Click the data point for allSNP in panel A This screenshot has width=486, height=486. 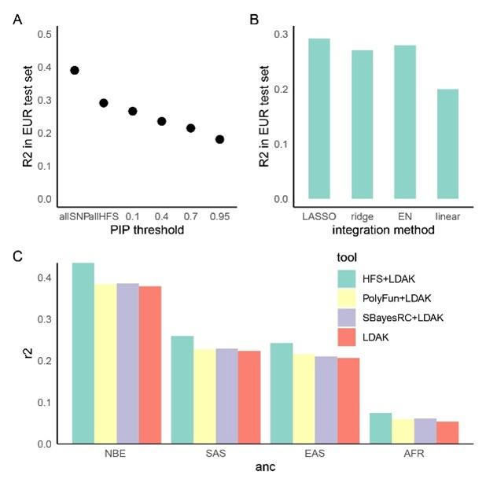pyautogui.click(x=75, y=70)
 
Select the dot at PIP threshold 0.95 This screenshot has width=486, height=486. pyautogui.click(x=220, y=139)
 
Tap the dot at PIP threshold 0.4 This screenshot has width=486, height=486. pyautogui.click(x=162, y=121)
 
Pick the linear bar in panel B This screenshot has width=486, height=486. pyautogui.click(x=447, y=144)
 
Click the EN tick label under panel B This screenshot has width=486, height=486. pyautogui.click(x=404, y=215)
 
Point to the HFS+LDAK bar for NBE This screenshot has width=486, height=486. pyautogui.click(x=83, y=353)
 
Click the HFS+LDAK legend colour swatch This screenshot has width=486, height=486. pyautogui.click(x=346, y=278)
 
